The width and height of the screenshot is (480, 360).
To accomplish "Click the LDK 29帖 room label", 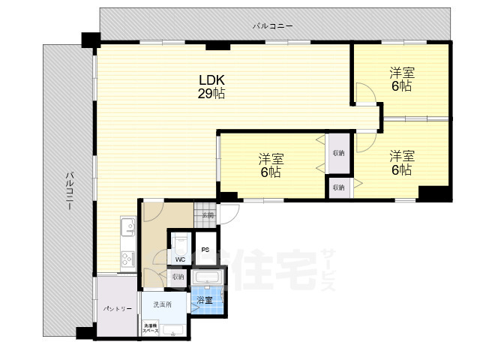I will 212,87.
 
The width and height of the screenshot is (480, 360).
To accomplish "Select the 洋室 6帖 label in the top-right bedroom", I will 400,79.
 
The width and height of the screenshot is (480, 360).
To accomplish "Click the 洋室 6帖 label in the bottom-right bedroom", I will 400,163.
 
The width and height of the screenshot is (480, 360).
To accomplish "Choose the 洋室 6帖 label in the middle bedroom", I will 271,165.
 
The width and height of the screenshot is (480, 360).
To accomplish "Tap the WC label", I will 180,259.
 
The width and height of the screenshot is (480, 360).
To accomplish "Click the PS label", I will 204,250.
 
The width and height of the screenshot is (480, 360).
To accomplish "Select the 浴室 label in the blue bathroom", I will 204,301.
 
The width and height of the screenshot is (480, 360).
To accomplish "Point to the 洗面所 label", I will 163,304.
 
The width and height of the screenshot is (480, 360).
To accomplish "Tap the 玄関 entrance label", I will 208,215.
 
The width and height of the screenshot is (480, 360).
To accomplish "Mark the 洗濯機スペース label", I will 150,328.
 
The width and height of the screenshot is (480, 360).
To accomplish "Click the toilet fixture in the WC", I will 180,244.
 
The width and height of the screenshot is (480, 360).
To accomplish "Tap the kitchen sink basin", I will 127,226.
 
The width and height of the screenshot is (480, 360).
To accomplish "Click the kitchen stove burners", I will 125,259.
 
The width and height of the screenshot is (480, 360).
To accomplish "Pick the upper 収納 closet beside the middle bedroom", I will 338,152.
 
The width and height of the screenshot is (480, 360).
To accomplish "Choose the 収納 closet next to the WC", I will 178,277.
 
